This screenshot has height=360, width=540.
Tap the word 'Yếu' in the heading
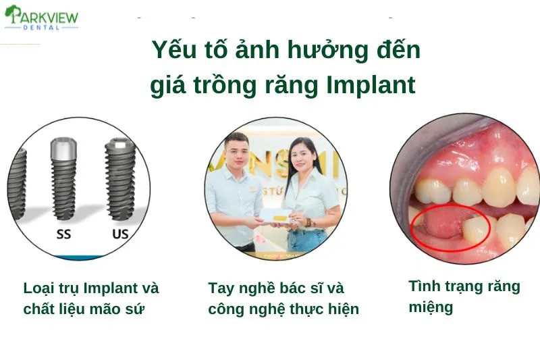pyautogui.click(x=175, y=51)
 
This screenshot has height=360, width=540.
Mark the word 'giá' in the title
pyautogui.click(x=166, y=86)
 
